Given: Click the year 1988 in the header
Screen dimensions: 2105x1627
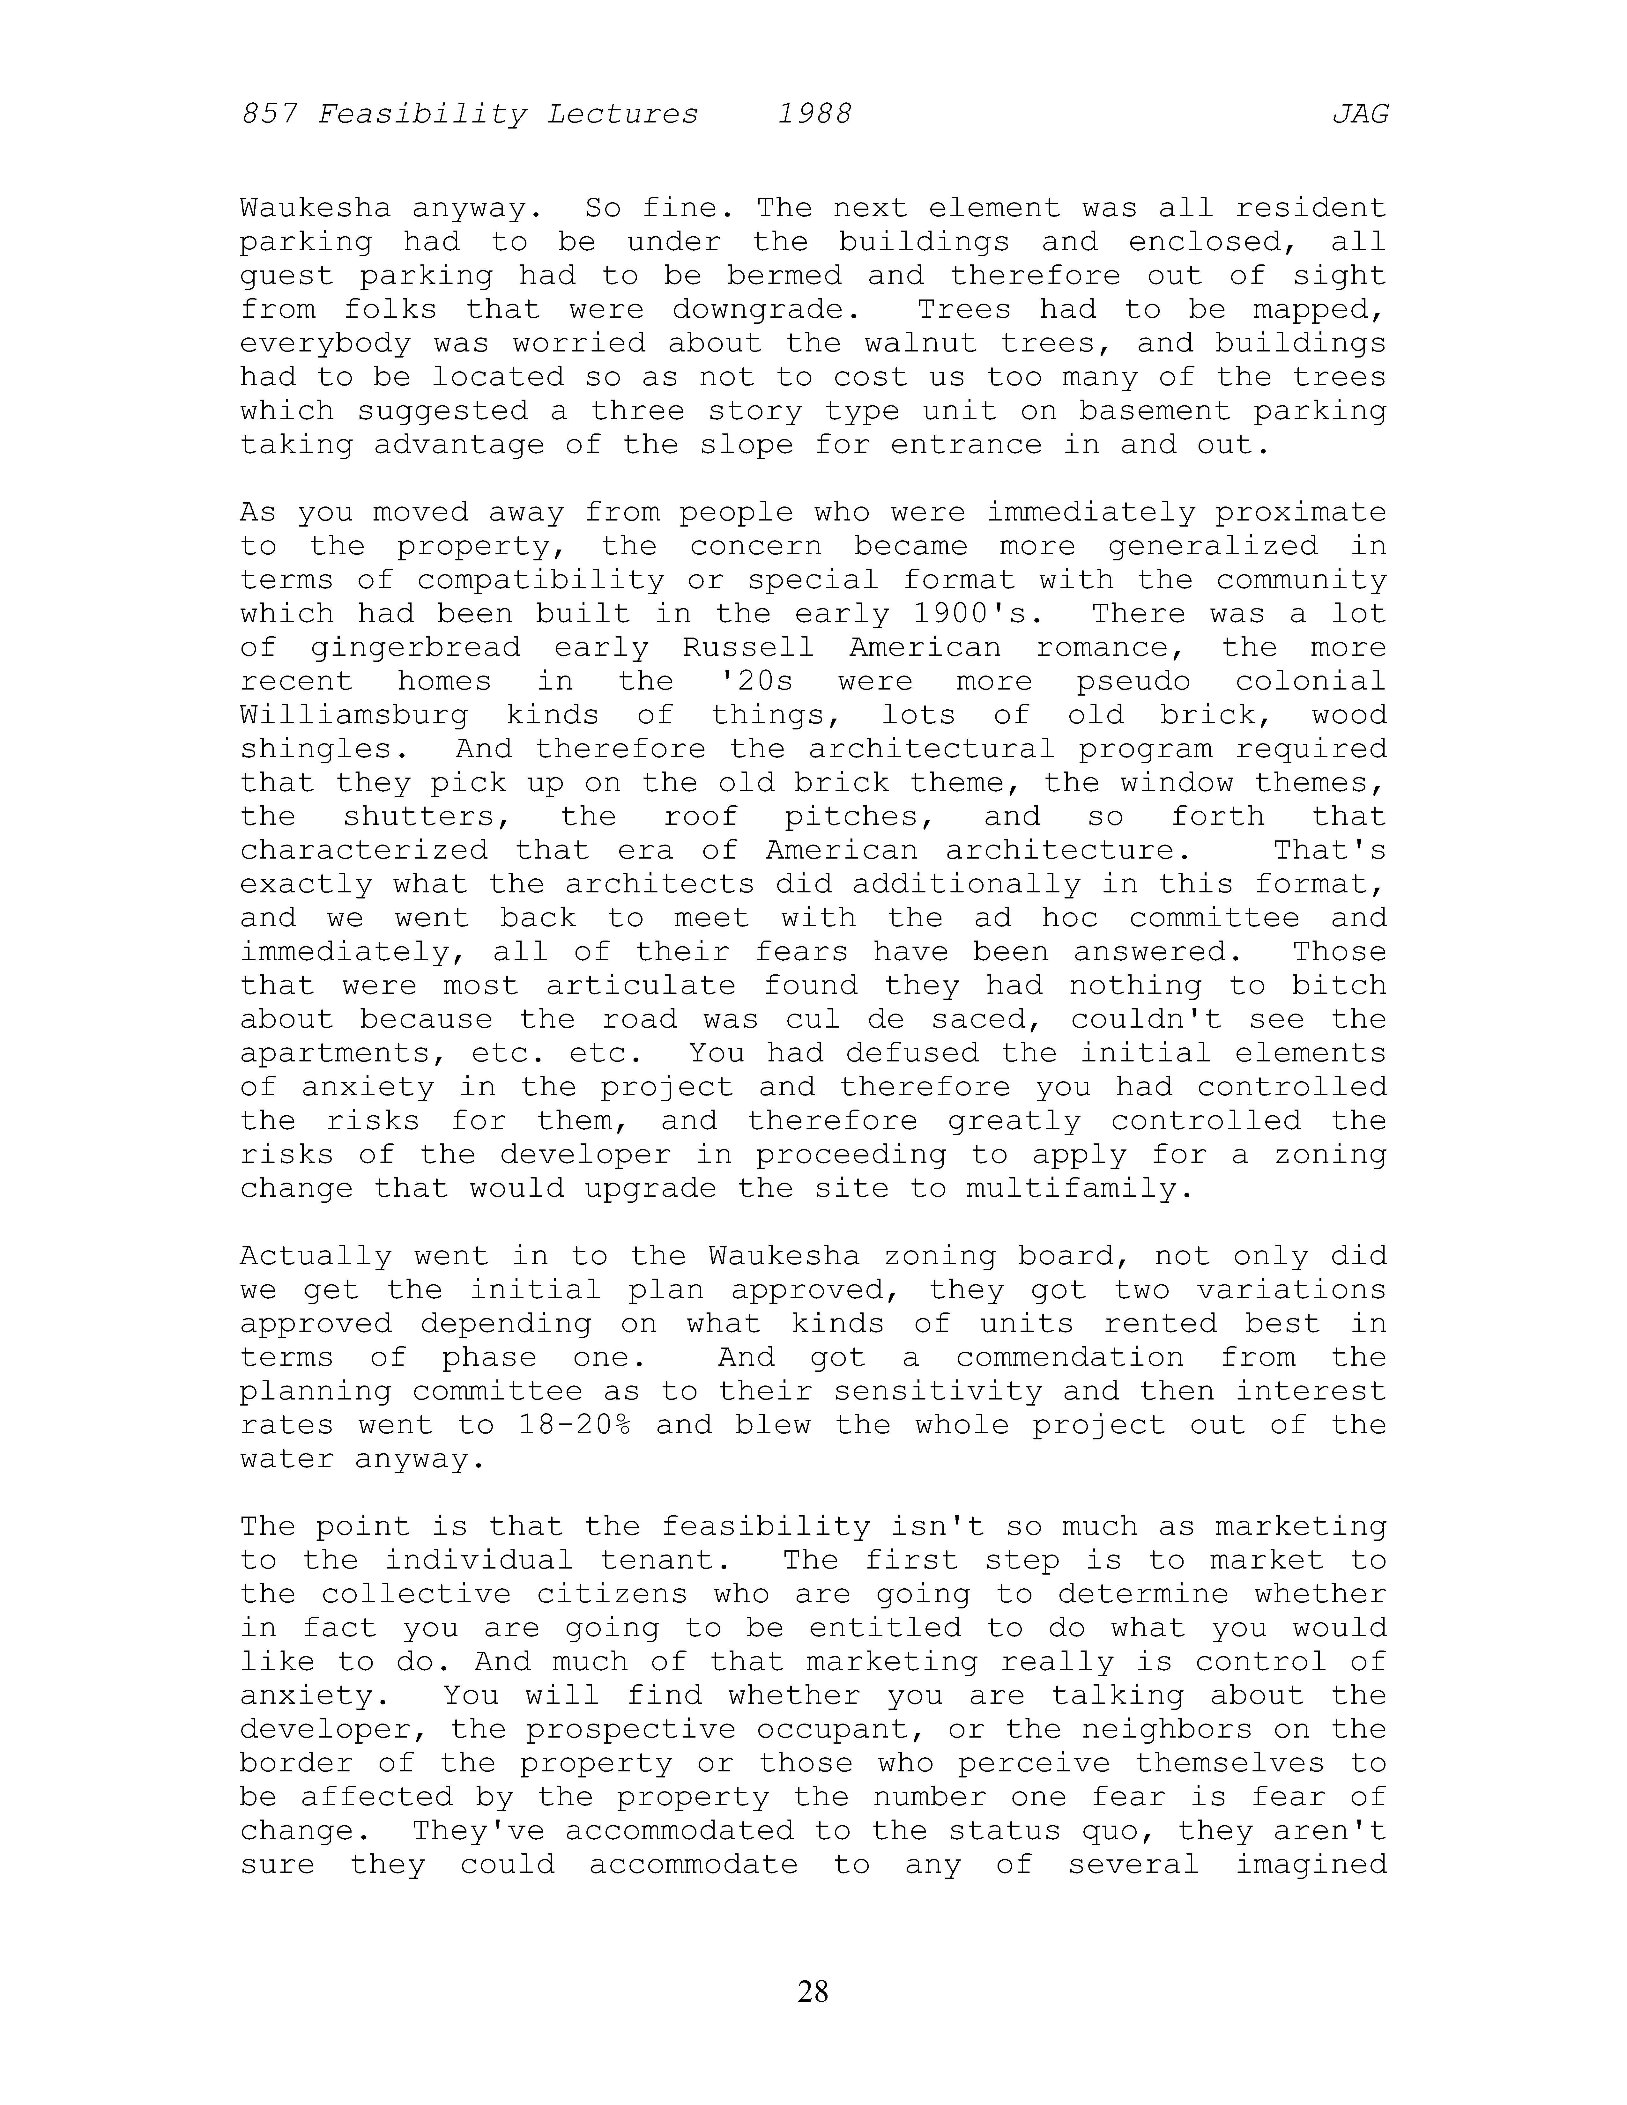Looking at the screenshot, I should click(x=814, y=115).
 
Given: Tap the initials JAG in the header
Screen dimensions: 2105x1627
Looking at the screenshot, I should click(x=1360, y=115).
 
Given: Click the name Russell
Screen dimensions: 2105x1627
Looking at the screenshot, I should click(x=748, y=648).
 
